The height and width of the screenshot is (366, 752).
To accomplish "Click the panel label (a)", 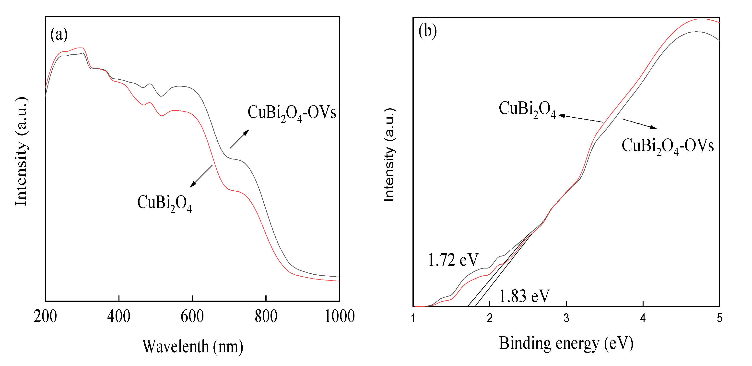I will (x=59, y=35).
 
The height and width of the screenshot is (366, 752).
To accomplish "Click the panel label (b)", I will (x=427, y=30).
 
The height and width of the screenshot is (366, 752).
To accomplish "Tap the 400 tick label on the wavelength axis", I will (x=118, y=316).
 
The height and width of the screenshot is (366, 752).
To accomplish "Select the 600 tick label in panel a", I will (x=192, y=316).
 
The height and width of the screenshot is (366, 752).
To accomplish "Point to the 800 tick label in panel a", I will (x=266, y=316).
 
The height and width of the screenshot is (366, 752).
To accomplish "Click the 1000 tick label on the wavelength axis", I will (x=340, y=316).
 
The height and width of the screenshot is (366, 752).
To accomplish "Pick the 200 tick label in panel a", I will (x=45, y=316).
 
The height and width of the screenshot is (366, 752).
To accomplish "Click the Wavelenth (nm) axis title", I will (x=192, y=347).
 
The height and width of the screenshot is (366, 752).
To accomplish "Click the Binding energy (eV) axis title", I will (x=566, y=343).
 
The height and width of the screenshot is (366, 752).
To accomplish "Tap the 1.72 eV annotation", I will (x=453, y=260).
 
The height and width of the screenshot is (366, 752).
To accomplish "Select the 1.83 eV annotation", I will (x=524, y=296).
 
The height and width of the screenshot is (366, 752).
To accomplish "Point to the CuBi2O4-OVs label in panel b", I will (x=667, y=146).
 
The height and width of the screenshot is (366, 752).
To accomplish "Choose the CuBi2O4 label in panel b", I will (x=527, y=109).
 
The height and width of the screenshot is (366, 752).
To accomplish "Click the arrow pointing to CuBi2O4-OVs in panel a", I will (x=239, y=139).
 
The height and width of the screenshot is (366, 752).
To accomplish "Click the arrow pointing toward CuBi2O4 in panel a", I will (x=201, y=176).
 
